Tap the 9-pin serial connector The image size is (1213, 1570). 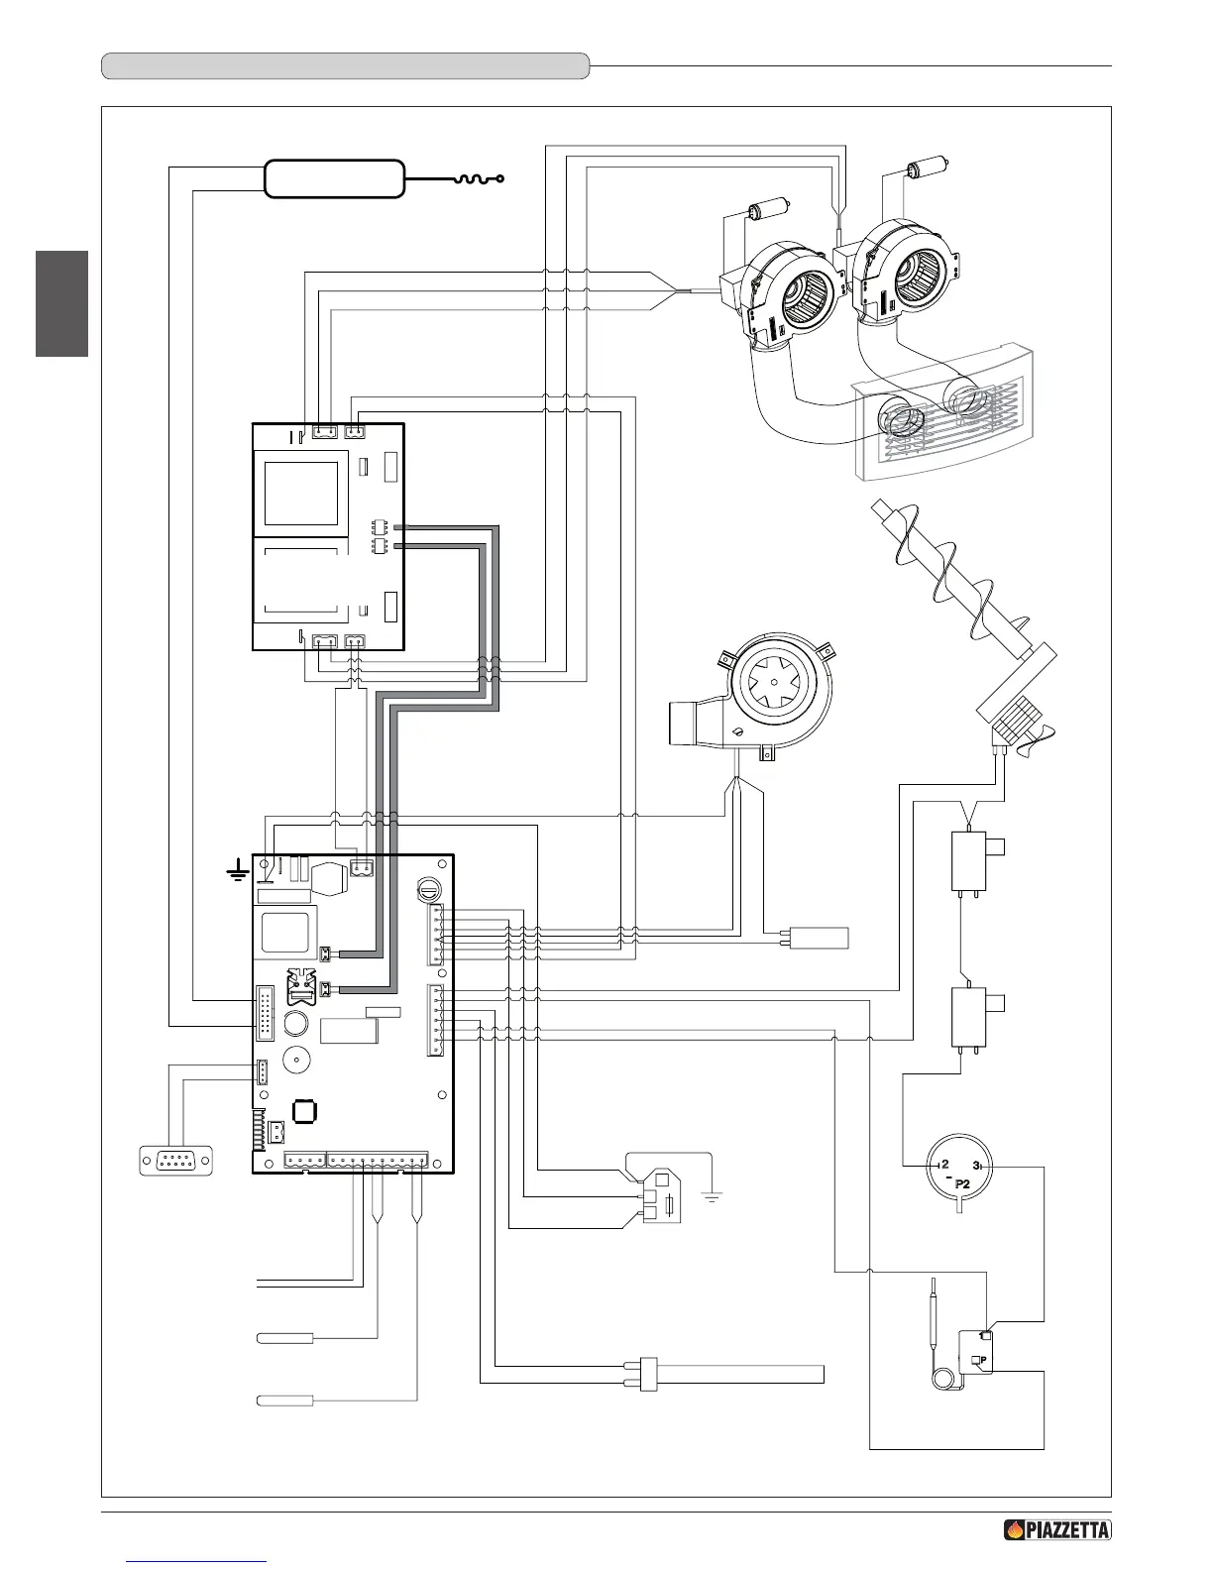click(177, 1160)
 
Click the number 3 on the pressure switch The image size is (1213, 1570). click(977, 1165)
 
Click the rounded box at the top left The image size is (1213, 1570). click(334, 178)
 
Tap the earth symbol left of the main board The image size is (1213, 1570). click(236, 873)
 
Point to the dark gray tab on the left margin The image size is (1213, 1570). click(61, 303)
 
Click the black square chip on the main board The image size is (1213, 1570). click(304, 1111)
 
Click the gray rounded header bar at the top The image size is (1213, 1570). click(346, 66)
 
